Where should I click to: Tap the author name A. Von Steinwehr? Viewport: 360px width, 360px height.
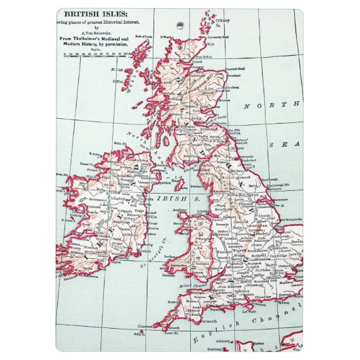(x=99, y=31)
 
